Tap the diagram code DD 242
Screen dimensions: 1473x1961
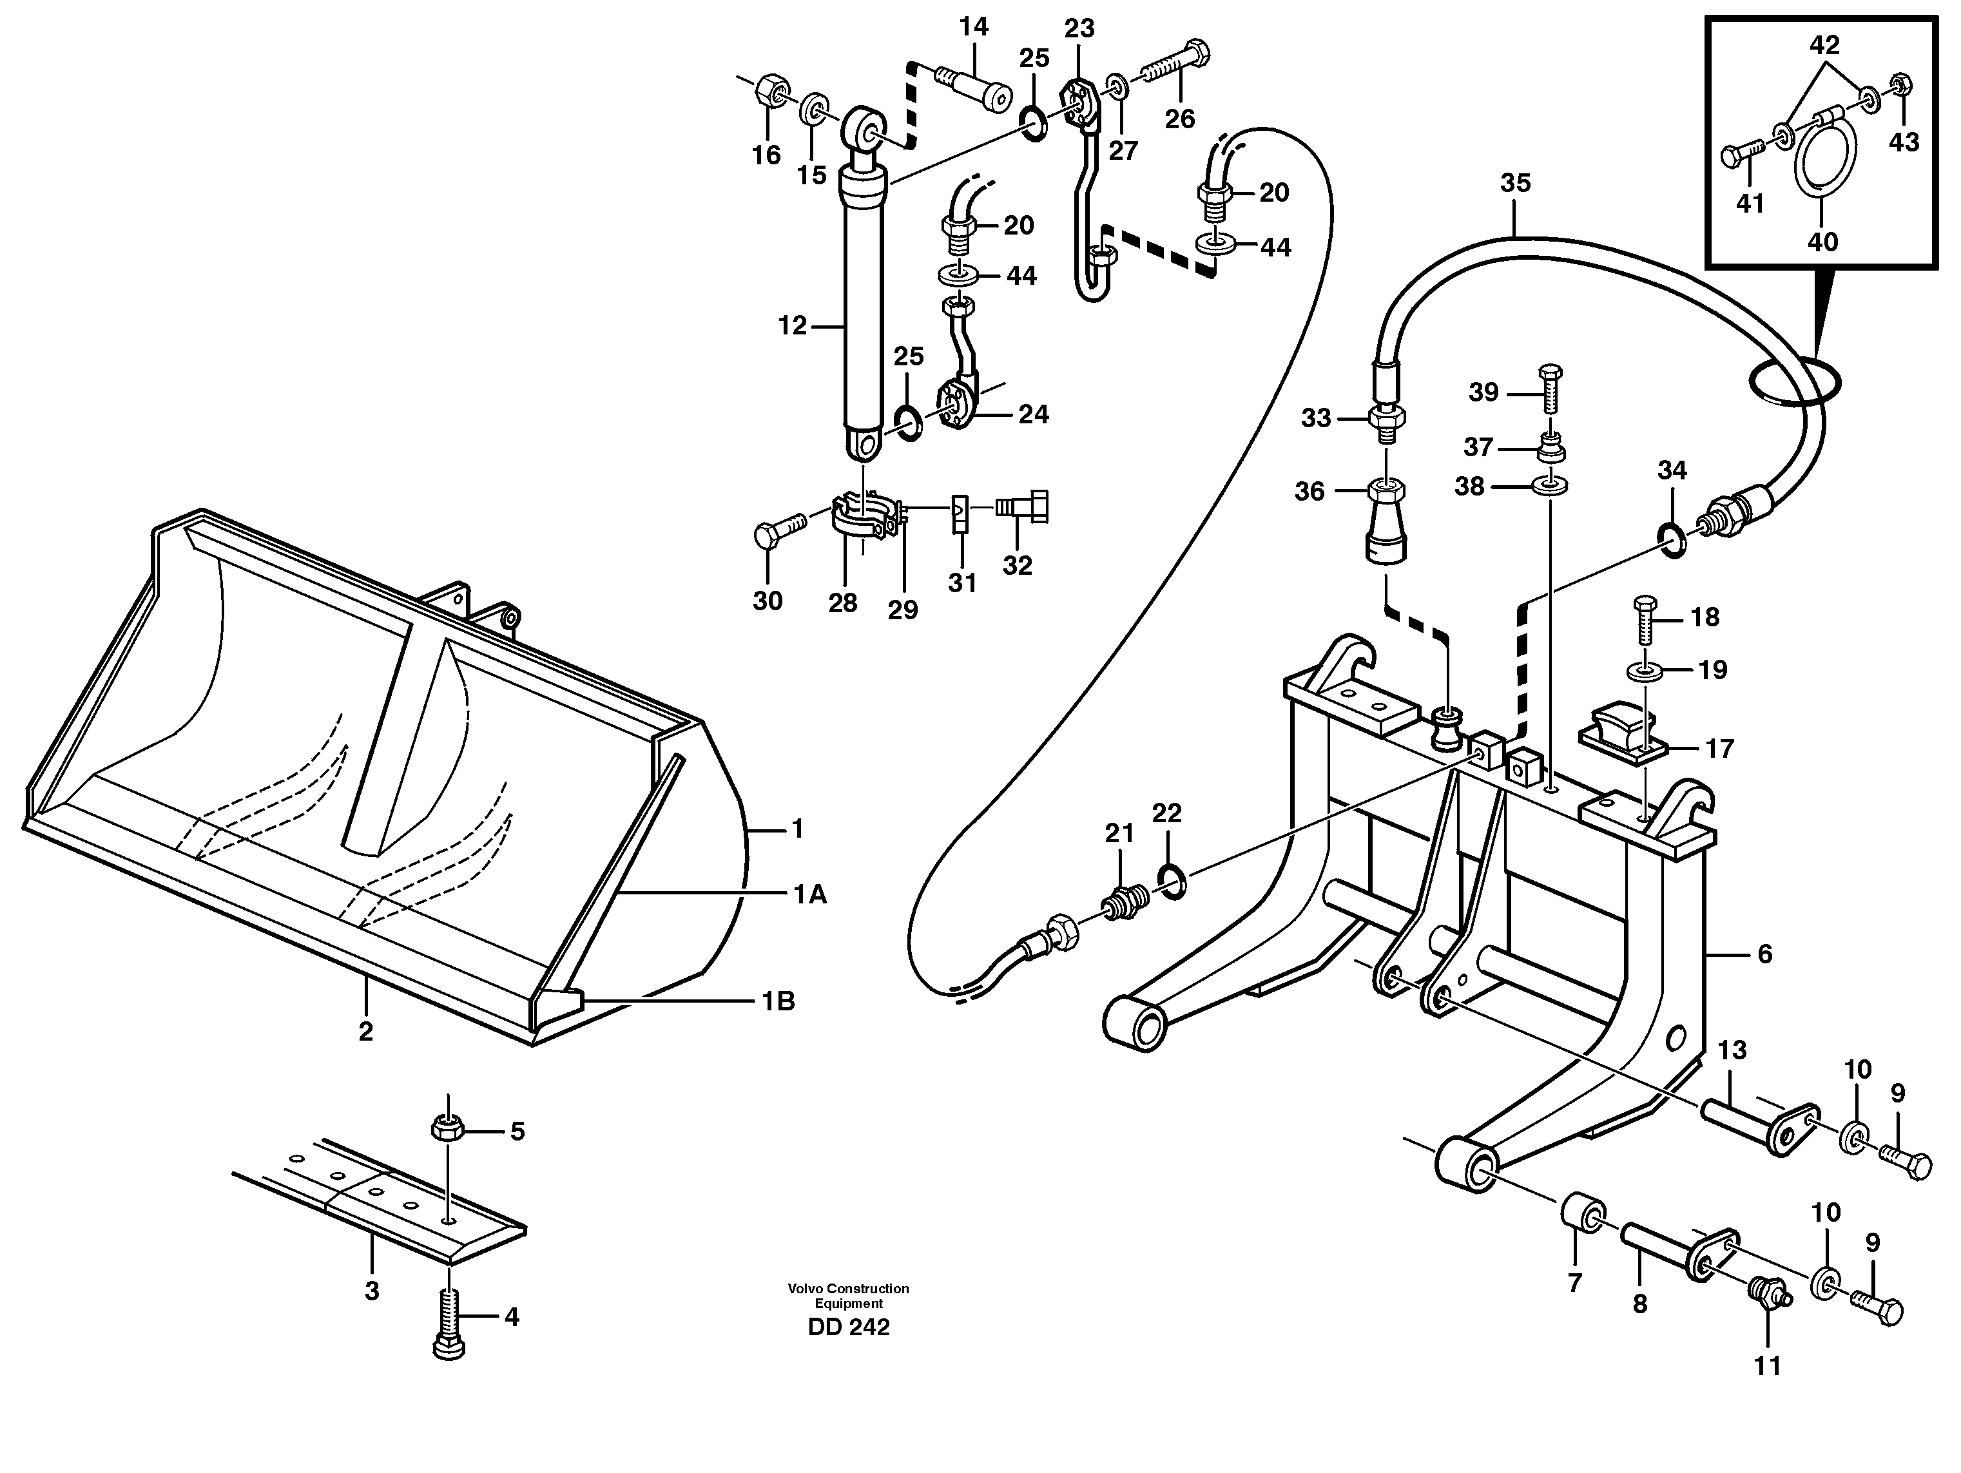[x=849, y=1327]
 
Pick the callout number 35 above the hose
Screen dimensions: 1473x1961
[x=1515, y=184]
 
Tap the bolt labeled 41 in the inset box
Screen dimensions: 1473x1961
[x=1739, y=157]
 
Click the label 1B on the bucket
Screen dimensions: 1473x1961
[x=778, y=1001]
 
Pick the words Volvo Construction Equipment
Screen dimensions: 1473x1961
[x=849, y=1296]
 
